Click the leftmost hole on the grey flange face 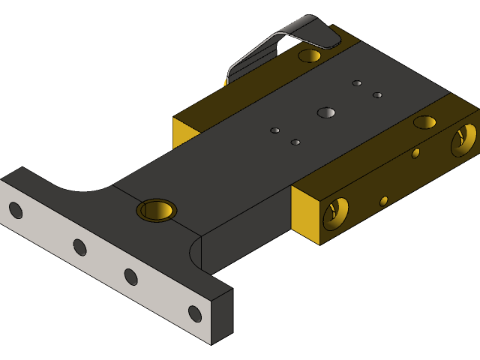(x=15, y=211)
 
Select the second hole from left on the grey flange (x=79, y=247)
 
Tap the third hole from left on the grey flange (x=130, y=277)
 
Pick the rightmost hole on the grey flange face (x=195, y=313)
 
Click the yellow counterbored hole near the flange (x=157, y=210)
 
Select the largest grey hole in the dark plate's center (x=326, y=113)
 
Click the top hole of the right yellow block (x=425, y=122)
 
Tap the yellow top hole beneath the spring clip (x=309, y=55)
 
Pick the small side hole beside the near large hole (x=384, y=201)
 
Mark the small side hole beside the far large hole (x=415, y=153)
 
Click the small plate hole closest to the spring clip (x=357, y=83)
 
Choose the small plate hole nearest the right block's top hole (x=377, y=95)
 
